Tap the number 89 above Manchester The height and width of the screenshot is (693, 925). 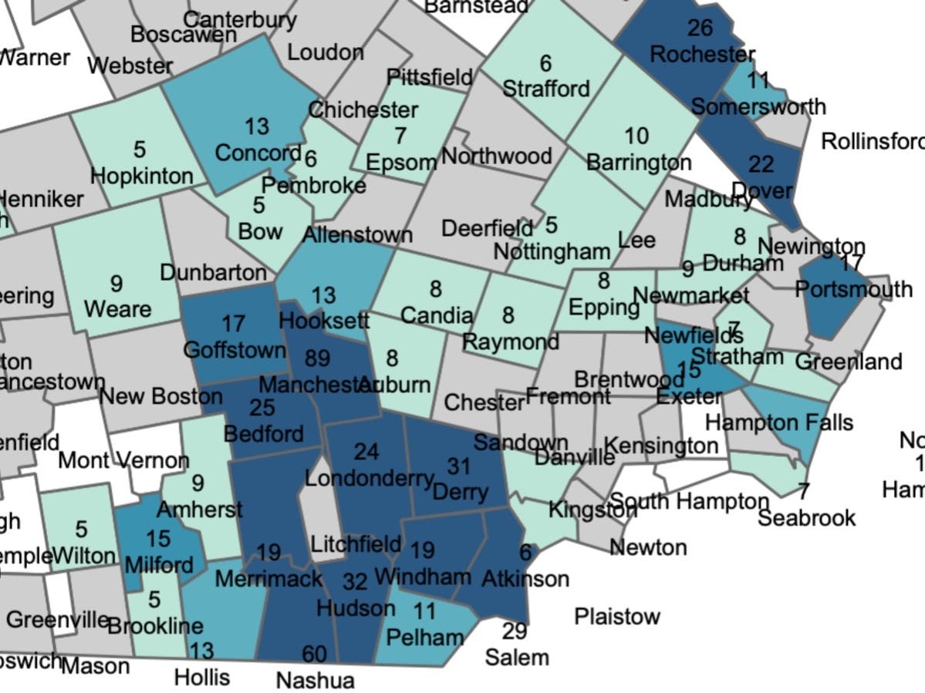[x=316, y=358]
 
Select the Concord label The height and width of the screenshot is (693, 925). [x=257, y=153]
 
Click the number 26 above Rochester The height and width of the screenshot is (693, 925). [x=699, y=29]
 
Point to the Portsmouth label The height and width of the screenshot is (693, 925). [x=853, y=290]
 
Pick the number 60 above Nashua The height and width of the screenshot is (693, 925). [x=314, y=654]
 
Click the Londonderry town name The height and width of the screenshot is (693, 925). [x=369, y=478]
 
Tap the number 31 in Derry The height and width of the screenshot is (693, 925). [x=458, y=466]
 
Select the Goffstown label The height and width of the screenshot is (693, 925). [x=235, y=350]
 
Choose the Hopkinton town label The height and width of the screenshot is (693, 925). [x=142, y=176]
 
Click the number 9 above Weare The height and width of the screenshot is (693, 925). [x=116, y=284]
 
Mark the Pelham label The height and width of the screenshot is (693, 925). [x=425, y=637]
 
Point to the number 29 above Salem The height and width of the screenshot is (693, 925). [x=515, y=631]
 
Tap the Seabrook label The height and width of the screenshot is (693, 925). [x=806, y=517]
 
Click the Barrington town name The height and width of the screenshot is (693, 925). [x=639, y=163]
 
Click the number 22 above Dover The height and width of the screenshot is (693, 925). [x=761, y=164]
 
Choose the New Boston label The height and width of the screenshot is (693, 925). [x=160, y=397]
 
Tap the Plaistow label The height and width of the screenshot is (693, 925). [x=617, y=617]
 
